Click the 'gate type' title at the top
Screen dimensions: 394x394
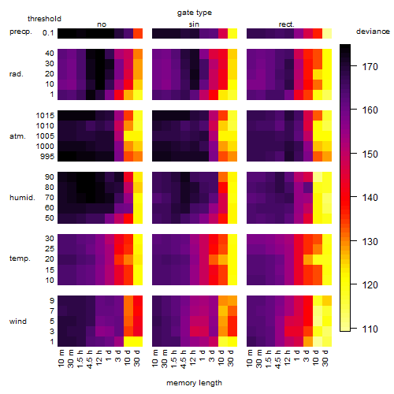coord(195,13)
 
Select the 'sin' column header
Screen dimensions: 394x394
coord(194,24)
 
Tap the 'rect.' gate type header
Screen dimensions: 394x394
coord(286,24)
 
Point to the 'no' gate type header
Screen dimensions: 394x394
coord(102,24)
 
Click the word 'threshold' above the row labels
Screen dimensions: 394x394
coord(44,19)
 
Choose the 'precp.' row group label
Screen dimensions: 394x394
coord(20,32)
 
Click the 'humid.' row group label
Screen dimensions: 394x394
coord(22,197)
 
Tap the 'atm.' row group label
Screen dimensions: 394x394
coord(17,136)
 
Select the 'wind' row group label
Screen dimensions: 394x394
coord(18,321)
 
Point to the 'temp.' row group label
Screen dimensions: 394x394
coord(20,258)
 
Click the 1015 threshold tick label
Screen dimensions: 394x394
coord(45,116)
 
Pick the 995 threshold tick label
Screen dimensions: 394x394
coord(47,157)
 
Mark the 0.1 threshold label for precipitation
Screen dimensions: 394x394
coord(48,33)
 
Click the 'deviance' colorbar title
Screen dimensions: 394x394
coord(373,32)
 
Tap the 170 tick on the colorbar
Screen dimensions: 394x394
coord(370,67)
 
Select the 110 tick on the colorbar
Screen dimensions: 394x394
coord(370,329)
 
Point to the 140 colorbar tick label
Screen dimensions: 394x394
coord(370,197)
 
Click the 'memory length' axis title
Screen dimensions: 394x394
coord(194,383)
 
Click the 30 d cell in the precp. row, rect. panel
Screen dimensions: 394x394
coord(327,33)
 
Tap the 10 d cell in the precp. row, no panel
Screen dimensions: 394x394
coord(128,33)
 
